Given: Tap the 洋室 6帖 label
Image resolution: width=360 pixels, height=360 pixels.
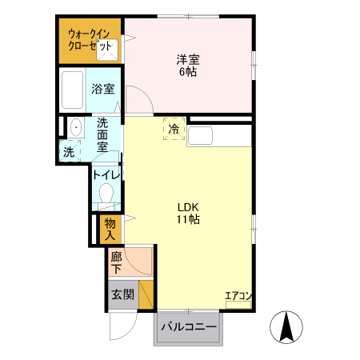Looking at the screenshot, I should point(187,65).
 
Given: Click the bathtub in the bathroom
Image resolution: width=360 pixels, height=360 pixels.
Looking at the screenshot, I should point(73,90).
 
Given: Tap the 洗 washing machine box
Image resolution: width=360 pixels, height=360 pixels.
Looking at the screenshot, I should point(69,152).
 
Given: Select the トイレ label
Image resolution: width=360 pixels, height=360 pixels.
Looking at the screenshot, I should point(106,174).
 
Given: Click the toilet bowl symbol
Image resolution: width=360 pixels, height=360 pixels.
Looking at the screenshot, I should point(106,194).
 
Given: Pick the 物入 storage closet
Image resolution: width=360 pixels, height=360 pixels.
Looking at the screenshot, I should point(110,229).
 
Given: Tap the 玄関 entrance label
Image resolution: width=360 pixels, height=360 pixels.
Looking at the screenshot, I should point(122,294).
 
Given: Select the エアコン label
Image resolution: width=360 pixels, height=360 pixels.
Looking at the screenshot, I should point(238,296).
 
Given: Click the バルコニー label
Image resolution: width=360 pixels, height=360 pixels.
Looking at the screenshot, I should point(189,326).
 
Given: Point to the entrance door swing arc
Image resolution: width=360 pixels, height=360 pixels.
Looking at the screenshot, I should point(122,324).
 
